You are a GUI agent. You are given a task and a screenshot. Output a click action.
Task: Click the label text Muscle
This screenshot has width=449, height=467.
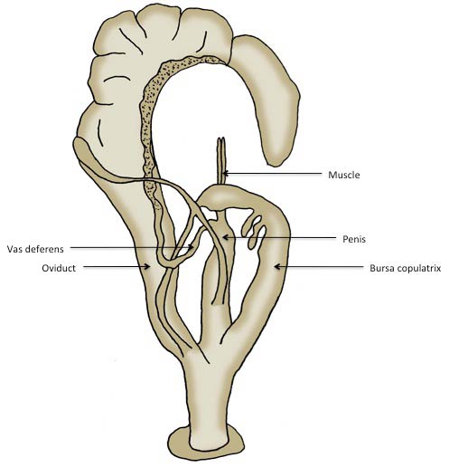pos(344,175)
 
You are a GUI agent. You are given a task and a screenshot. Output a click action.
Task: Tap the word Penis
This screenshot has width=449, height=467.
pos(354,239)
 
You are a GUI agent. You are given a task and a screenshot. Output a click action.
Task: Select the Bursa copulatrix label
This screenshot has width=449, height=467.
pos(406,268)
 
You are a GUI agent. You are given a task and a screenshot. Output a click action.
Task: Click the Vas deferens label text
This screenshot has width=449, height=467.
pos(35,249)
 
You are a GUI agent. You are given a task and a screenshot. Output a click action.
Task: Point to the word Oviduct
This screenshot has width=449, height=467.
pos(59,268)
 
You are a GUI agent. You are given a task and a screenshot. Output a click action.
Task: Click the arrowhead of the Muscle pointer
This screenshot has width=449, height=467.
pos(225,174)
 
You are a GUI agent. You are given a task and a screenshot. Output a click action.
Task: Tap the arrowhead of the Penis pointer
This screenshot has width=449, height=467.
pos(225,238)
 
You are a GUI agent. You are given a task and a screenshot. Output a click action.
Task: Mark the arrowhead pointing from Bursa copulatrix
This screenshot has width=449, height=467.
pos(277,267)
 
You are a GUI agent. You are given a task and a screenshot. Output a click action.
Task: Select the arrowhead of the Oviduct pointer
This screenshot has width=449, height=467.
pos(147,266)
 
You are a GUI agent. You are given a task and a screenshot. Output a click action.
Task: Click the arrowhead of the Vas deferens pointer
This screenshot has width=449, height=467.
pos(191,247)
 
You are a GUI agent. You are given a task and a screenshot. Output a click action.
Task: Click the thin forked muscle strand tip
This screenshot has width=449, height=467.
pos(221,139)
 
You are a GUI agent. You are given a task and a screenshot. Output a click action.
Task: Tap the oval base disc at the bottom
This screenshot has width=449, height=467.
pos(206,444)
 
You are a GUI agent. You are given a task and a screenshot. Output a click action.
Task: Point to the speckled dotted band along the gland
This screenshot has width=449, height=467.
pos(149,120)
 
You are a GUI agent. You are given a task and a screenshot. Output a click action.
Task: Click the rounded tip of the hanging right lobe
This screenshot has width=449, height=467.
pos(275,159)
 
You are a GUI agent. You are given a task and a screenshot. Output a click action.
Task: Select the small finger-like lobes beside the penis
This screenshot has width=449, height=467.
pos(254,232)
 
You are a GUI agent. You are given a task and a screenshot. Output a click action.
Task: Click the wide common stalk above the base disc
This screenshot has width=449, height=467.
pos(207,392)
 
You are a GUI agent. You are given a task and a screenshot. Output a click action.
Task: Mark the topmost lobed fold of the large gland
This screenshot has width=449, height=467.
pos(160,23)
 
